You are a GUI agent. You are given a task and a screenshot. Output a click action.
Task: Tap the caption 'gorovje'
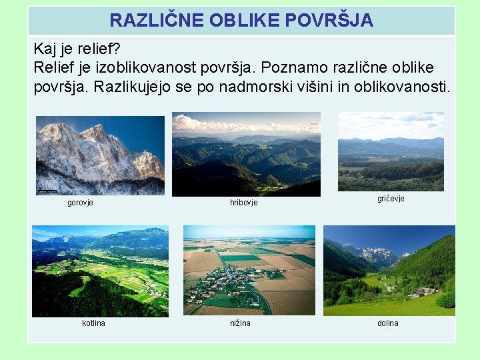coord(80,203)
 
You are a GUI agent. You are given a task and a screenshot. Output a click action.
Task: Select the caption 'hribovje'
coord(243,203)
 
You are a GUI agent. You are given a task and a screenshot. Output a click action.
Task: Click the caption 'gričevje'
coord(391,199)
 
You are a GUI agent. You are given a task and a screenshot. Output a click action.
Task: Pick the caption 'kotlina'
coord(93,323)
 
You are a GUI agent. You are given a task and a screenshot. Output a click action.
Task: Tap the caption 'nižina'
coord(241,323)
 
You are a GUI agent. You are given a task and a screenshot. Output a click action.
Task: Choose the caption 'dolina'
coord(387,323)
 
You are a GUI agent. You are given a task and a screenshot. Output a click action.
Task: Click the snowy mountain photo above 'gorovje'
coord(100,155)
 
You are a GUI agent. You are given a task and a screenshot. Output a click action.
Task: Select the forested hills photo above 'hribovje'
coord(246,154)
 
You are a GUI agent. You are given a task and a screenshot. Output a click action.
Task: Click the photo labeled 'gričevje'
coord(391,151)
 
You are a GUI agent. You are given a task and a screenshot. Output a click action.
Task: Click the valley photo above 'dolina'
coord(389,271)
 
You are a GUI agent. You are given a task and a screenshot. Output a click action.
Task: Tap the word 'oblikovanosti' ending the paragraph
coord(404,87)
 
